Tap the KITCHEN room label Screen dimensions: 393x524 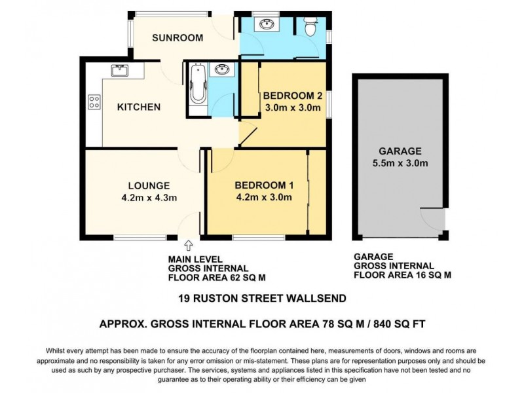point(138,107)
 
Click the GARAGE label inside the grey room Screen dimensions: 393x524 point(400,151)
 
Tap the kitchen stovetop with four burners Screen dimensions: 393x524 point(94,102)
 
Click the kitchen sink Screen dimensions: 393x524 point(119,69)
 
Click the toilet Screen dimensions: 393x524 point(310,27)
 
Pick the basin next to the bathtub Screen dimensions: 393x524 point(221,69)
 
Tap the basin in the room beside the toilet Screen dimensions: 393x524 point(267,25)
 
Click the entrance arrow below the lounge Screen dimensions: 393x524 point(189,246)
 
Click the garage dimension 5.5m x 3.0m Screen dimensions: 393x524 point(400,163)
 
